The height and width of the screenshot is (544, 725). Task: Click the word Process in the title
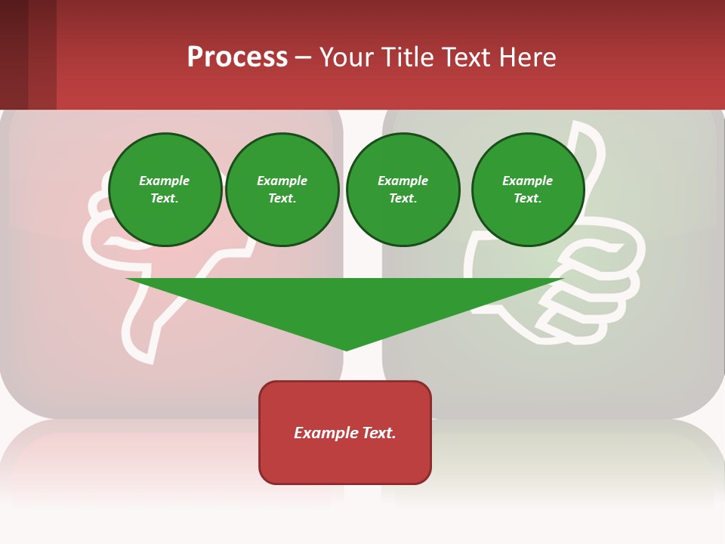click(237, 57)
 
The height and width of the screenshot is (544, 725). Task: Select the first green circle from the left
click(165, 190)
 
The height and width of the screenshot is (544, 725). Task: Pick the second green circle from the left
click(282, 190)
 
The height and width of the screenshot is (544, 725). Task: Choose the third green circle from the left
click(403, 190)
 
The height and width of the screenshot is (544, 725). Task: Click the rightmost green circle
click(528, 190)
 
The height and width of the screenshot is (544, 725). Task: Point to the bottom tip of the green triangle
click(346, 349)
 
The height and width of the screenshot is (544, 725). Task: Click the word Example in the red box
click(326, 433)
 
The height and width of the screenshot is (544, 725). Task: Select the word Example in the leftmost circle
click(165, 181)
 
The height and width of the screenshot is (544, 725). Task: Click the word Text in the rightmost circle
click(527, 199)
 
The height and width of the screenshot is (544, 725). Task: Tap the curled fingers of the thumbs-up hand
click(597, 295)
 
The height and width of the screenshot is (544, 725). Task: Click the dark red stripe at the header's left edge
click(14, 54)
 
